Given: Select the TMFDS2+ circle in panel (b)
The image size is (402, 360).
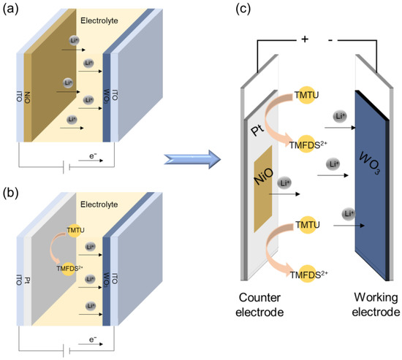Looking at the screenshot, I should [72, 267].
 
